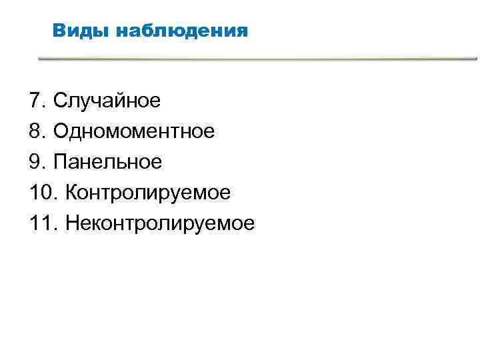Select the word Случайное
coord(107,101)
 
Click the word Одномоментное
coord(134,131)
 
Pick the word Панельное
coord(108,162)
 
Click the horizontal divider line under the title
coord(257,59)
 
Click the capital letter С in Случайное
coord(60,101)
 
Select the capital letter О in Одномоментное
coord(61,131)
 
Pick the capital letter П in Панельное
coord(60,162)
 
